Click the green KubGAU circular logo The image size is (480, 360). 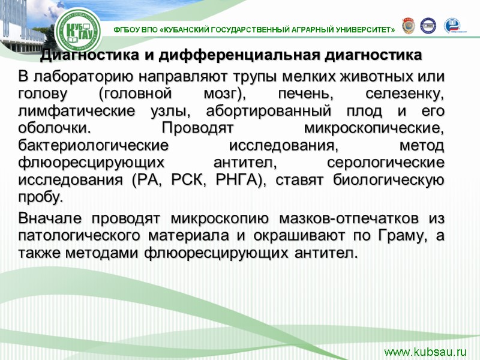[x=80, y=29]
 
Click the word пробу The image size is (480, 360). [x=40, y=197]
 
